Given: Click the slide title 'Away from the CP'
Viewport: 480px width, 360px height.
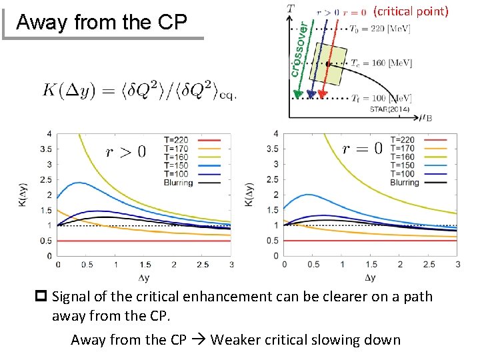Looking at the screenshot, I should pos(101,22).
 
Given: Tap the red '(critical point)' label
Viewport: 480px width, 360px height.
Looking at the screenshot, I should pos(411,11).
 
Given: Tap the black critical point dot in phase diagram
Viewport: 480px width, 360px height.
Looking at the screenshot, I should pos(328,64).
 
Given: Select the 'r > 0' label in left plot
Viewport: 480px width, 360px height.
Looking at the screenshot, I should pos(125,152).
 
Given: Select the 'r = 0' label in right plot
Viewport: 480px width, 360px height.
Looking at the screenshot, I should pos(362,149).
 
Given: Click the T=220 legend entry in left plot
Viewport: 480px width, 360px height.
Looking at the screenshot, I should pos(176,140).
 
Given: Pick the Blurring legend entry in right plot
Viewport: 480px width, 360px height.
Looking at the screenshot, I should pos(404,182).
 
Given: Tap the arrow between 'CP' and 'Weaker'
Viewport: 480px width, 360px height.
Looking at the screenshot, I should pos(199,340).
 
